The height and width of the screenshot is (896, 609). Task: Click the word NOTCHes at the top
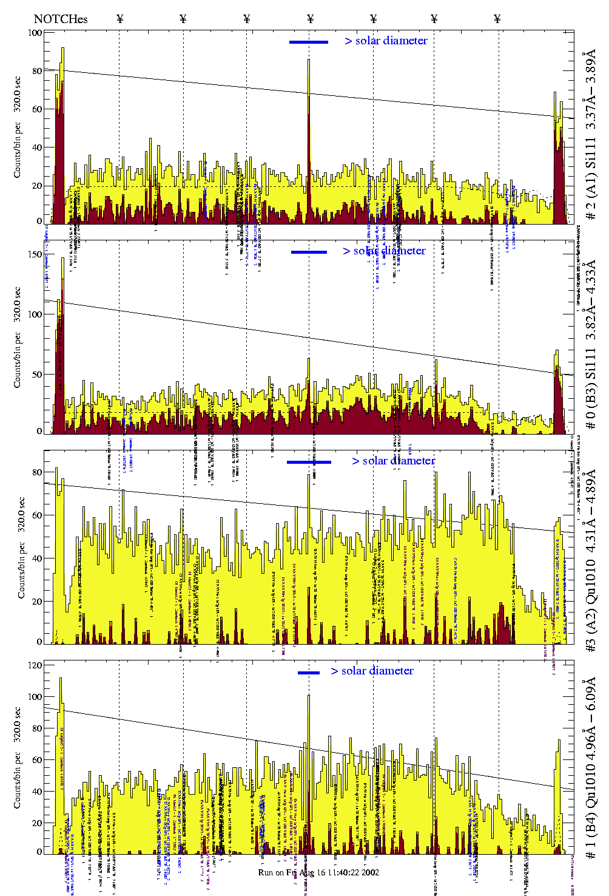pyautogui.click(x=61, y=19)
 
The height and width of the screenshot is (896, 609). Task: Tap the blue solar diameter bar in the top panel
pyautogui.click(x=308, y=42)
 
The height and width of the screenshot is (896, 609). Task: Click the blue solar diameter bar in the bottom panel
pyautogui.click(x=308, y=673)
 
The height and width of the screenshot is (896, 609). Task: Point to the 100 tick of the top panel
pyautogui.click(x=35, y=32)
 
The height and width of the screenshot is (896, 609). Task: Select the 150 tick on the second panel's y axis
pyautogui.click(x=35, y=254)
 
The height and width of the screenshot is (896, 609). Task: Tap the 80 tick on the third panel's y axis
pyautogui.click(x=38, y=472)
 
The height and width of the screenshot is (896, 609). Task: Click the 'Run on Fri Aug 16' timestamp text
pyautogui.click(x=318, y=872)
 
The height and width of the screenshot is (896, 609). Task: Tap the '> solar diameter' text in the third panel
pyautogui.click(x=393, y=461)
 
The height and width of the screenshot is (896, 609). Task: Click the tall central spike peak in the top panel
pyautogui.click(x=308, y=60)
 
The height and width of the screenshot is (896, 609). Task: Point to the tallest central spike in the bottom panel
pyautogui.click(x=309, y=696)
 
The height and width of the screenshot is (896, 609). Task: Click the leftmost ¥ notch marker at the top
pyautogui.click(x=119, y=19)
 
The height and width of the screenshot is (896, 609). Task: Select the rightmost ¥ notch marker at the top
pyautogui.click(x=497, y=19)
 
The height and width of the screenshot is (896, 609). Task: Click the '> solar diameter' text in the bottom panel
pyautogui.click(x=372, y=671)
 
